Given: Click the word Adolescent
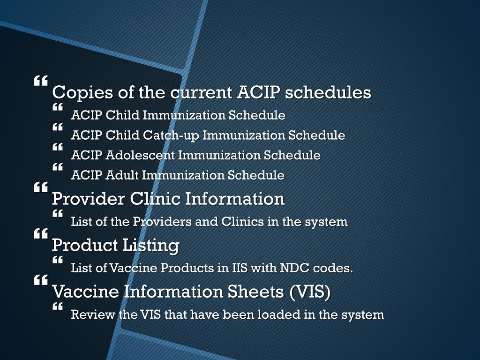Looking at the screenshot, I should coord(140,155).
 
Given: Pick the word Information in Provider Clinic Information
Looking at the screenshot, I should coord(235,199).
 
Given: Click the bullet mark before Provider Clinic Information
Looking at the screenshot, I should coord(40,187).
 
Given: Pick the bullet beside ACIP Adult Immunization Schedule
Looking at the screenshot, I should coord(58,167).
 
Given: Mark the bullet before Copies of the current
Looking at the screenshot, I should coord(40,81).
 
